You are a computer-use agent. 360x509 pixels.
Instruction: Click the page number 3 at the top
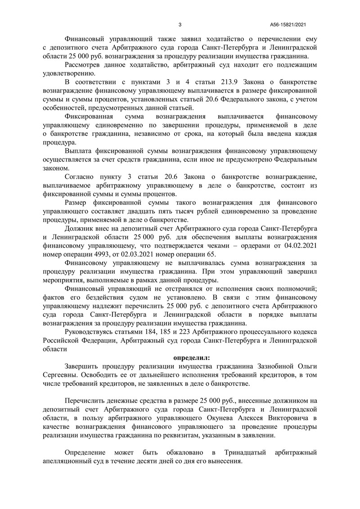coord(180,25)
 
